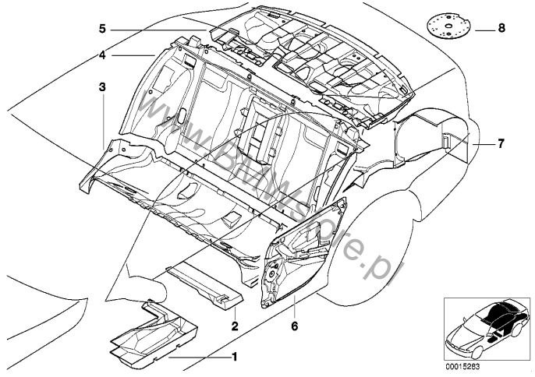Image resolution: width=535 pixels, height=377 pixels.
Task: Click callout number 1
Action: tap(232, 357)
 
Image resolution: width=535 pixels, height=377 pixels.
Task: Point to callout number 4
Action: tap(102, 55)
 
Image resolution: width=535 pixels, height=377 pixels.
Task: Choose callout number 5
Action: tap(102, 30)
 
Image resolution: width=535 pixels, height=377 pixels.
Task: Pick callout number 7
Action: tap(501, 143)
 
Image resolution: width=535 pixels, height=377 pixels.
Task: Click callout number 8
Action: tap(501, 28)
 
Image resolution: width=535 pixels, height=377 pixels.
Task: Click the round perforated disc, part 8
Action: tap(448, 23)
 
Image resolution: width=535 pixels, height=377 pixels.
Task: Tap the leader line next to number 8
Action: tap(481, 28)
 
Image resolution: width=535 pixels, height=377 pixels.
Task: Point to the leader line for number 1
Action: tap(195, 358)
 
